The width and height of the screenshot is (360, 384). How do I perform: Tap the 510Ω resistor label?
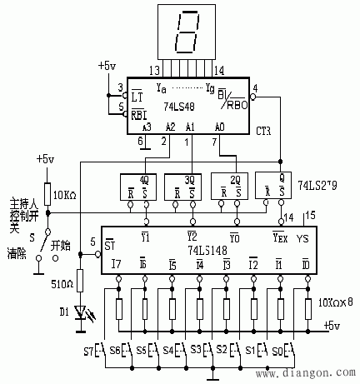click(x=62, y=285)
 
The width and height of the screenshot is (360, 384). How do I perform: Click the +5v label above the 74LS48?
click(x=107, y=64)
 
